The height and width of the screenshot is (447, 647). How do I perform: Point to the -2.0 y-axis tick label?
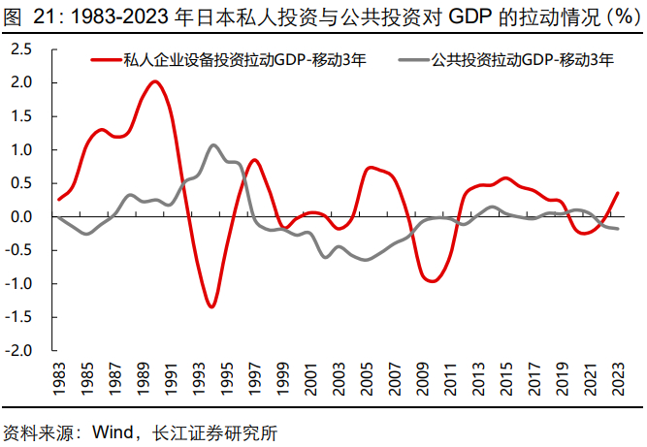point(19,350)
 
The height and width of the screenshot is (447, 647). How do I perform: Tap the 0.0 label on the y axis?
point(21,216)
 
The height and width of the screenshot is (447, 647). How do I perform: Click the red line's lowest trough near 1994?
point(211,306)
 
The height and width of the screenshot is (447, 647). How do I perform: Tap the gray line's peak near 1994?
point(212,145)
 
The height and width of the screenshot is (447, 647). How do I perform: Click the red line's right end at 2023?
point(618,193)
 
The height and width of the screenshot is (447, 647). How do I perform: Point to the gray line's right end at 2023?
point(618,229)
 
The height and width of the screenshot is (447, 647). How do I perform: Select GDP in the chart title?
point(474,16)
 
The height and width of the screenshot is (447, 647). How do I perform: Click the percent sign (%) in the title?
point(616,16)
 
